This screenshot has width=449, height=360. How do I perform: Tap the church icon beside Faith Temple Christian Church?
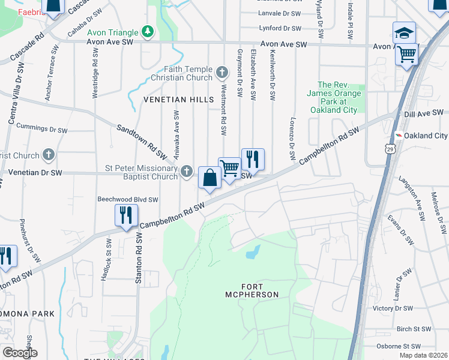click(x=222, y=73)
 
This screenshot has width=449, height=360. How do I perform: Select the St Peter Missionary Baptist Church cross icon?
click(x=187, y=172)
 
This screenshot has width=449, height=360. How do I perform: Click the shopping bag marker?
click(x=209, y=178)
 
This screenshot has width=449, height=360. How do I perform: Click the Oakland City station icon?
click(x=398, y=136)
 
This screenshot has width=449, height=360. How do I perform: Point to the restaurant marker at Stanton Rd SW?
click(x=126, y=215)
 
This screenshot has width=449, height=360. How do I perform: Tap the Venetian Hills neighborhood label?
click(x=178, y=99)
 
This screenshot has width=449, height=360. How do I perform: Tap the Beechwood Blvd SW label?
click(x=128, y=200)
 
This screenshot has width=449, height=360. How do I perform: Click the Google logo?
click(x=20, y=353)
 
